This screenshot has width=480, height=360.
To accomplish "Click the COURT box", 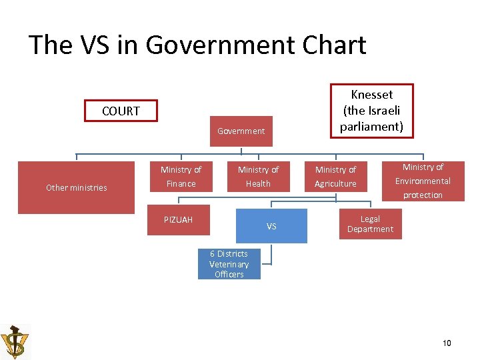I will coord(121,111).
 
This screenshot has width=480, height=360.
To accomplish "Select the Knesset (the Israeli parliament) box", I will coord(371,111).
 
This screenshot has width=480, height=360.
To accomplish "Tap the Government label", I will coord(241,131).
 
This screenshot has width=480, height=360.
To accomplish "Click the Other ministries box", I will coord(76,187).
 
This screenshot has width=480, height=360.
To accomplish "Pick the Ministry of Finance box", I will coord(181,177).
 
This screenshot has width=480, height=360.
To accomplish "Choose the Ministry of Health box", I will coord(258,177).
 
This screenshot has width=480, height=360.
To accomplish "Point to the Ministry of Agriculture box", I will coord(335,177).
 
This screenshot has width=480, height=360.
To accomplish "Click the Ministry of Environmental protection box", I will coord(423,181).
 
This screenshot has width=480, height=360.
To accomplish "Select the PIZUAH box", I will coord(178,220).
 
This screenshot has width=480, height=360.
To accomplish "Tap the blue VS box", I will coord(271,226).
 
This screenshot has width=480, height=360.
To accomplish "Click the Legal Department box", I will coord(370,224).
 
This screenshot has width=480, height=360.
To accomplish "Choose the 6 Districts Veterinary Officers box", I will coord(229,264).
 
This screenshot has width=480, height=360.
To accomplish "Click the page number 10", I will coord(447,343).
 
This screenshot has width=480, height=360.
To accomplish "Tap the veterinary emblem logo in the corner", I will coord(15,341).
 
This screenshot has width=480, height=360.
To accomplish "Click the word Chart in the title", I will coord(331,45).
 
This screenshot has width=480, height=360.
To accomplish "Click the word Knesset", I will coord(371,95).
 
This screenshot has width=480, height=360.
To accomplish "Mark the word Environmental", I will coord(423,181).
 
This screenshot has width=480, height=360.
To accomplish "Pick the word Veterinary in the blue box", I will coord(229,264).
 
